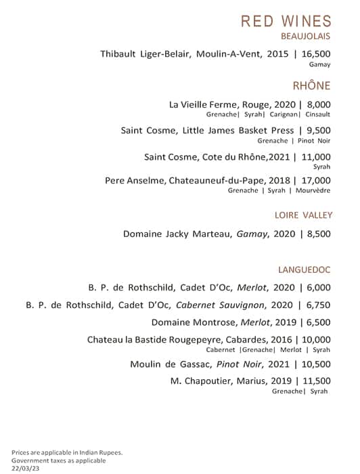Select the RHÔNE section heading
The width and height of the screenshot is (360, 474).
tap(311, 85)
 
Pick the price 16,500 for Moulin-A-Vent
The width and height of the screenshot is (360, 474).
tap(316, 53)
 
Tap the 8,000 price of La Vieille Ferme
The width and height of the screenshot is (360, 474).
tap(319, 105)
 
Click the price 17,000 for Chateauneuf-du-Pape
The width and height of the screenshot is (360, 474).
tap(316, 181)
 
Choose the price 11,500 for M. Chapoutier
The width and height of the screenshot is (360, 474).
tap(316, 381)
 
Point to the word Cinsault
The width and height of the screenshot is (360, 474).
tap(317, 115)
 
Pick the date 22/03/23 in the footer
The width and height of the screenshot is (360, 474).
tap(25, 468)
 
